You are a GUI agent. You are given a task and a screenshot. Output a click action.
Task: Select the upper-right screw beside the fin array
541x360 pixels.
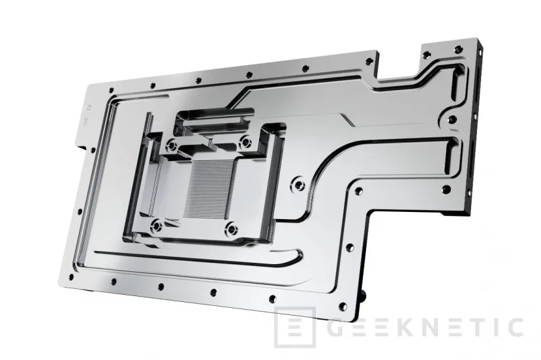[x=246, y=142]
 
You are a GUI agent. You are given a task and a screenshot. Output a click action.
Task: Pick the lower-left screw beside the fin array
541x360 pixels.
[x=157, y=226]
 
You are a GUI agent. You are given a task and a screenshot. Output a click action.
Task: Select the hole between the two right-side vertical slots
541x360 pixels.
[x=452, y=121]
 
